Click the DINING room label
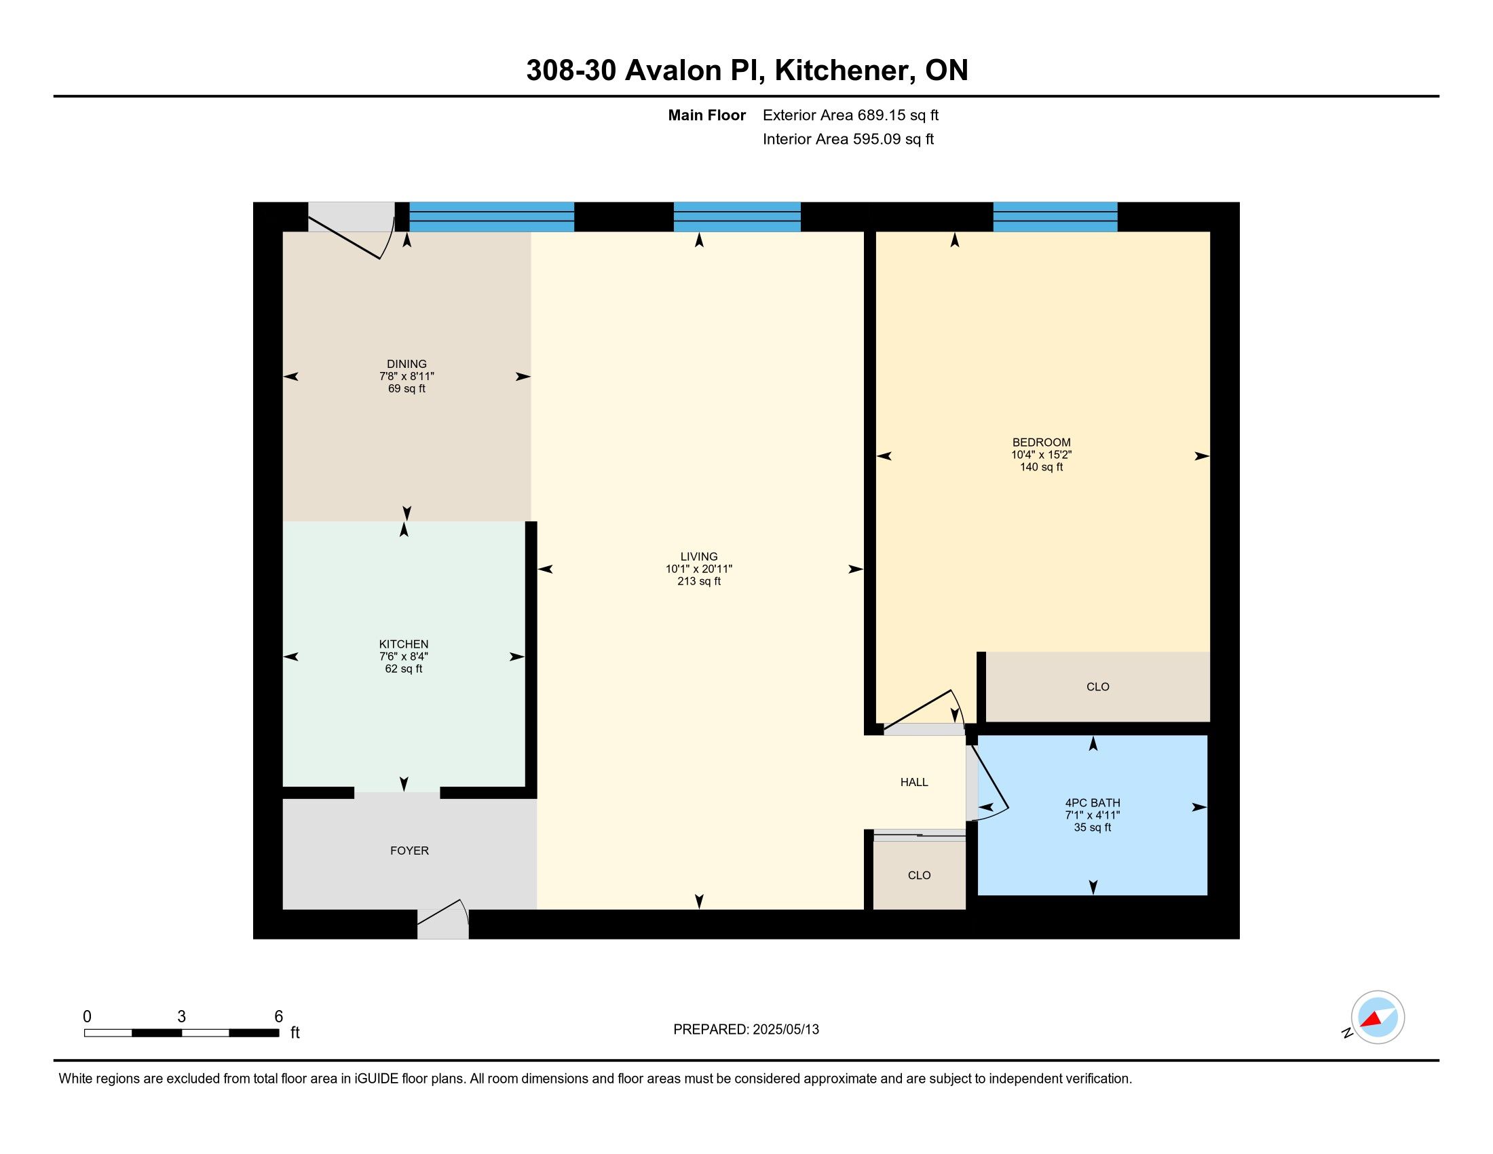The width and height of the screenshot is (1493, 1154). click(407, 364)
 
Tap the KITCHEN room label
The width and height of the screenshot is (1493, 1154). click(404, 644)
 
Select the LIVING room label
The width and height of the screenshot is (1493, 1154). click(698, 557)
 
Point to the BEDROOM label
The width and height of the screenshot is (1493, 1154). click(1041, 443)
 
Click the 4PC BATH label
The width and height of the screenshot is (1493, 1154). click(1093, 802)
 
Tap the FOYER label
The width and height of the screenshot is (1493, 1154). click(409, 851)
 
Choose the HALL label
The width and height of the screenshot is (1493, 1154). click(914, 782)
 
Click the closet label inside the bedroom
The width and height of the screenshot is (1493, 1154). click(1098, 686)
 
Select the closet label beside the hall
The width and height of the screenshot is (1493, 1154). click(920, 875)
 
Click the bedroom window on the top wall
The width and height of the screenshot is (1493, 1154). click(1055, 217)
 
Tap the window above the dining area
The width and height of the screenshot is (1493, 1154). click(491, 217)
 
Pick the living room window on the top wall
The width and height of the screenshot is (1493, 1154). click(737, 217)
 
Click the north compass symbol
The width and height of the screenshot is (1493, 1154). click(1376, 1018)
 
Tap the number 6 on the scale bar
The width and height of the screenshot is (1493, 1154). click(278, 1016)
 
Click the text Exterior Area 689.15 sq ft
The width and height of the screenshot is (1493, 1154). click(850, 115)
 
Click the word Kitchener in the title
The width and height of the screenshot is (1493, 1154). click(844, 71)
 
